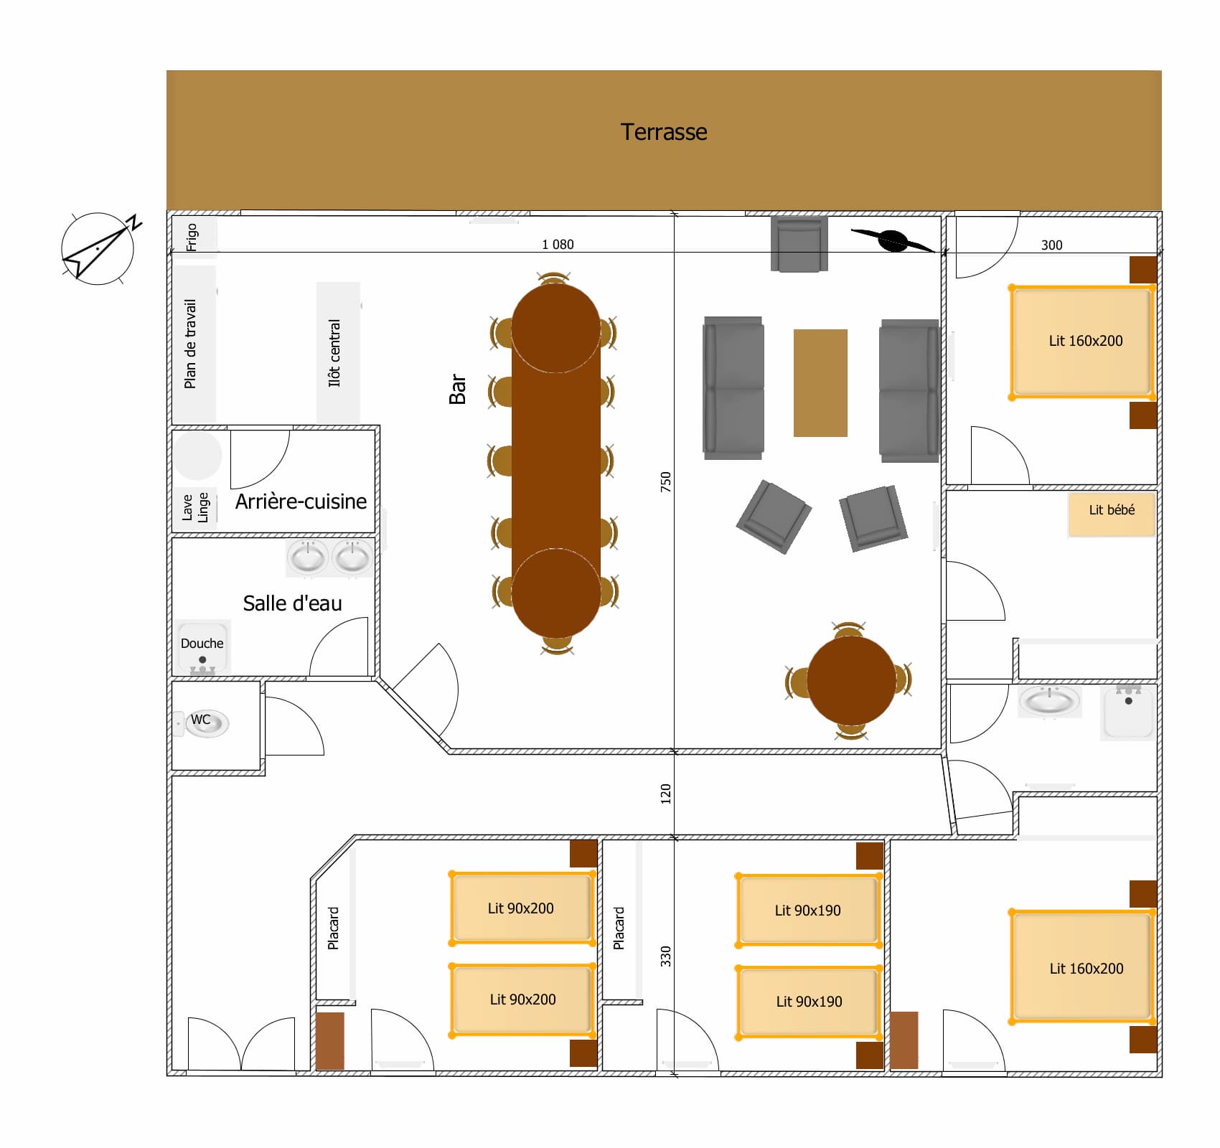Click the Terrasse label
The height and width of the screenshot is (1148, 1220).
[663, 132]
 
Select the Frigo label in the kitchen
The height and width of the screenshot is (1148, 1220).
[192, 237]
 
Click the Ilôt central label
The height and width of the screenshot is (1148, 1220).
[334, 353]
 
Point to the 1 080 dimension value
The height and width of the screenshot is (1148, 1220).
[558, 245]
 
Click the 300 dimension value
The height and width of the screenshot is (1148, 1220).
[1051, 245]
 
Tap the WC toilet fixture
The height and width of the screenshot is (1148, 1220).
[207, 723]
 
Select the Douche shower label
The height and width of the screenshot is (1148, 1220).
[202, 644]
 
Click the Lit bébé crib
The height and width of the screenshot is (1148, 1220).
[1111, 514]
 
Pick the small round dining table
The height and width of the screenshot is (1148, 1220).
[851, 680]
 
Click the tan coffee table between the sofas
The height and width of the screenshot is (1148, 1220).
[820, 382]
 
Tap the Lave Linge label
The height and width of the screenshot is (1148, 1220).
[195, 507]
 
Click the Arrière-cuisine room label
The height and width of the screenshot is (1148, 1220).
[301, 502]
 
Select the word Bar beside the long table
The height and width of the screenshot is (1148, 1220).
[458, 389]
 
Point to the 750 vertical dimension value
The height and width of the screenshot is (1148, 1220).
[666, 481]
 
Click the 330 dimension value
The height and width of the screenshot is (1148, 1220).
[666, 956]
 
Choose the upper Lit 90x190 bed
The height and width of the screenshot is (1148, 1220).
[808, 910]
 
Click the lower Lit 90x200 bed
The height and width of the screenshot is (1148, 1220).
[522, 999]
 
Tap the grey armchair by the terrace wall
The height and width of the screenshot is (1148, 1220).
[799, 245]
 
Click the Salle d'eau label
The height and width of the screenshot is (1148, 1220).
[292, 603]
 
